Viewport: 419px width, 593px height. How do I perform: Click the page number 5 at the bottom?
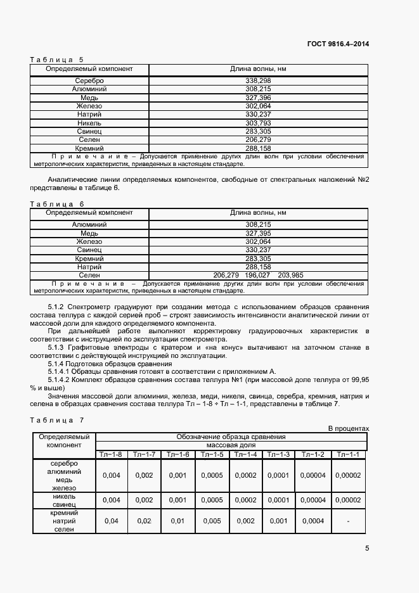(367, 549)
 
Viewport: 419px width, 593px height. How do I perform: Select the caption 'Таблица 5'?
(56, 60)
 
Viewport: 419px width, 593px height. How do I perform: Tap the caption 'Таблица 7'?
(56, 421)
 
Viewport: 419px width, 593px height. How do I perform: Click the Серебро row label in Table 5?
(89, 81)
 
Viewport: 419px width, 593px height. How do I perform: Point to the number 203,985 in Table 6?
(290, 275)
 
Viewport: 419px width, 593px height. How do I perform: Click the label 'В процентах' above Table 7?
(348, 429)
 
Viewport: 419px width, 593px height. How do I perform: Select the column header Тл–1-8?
(111, 454)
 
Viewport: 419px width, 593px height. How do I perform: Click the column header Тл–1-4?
(245, 454)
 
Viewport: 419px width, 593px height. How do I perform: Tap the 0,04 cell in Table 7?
(111, 521)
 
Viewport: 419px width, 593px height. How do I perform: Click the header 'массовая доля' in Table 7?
(231, 445)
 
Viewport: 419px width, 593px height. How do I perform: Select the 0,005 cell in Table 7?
(211, 521)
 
